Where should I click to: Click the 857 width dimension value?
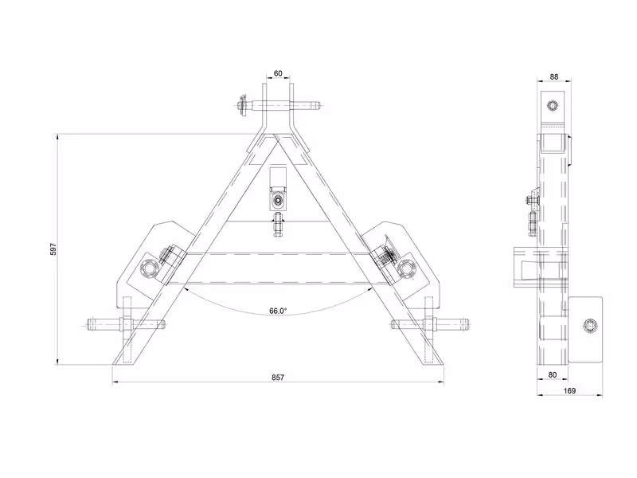[x=278, y=377]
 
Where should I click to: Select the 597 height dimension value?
[x=53, y=249]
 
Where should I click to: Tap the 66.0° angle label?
[x=278, y=311]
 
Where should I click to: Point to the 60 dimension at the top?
[x=278, y=73]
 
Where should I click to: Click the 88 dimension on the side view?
[x=553, y=76]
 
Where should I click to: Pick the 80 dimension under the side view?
[x=552, y=374]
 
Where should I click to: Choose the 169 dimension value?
[x=569, y=390]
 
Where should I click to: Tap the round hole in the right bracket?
[x=406, y=268]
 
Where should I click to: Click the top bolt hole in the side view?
[x=553, y=106]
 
